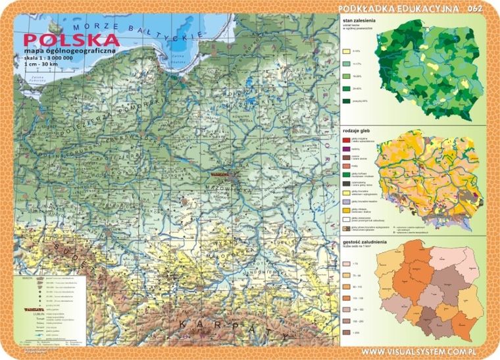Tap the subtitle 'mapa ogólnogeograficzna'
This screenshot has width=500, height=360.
tap(68, 51)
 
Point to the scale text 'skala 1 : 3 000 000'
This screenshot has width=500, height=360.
tap(49, 58)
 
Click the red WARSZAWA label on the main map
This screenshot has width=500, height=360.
tap(219, 176)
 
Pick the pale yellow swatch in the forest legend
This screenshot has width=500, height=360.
tap(346, 50)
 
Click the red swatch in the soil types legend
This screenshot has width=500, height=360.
tap(346, 140)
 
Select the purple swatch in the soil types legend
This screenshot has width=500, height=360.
tap(346, 149)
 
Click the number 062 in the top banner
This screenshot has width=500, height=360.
tap(475, 8)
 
